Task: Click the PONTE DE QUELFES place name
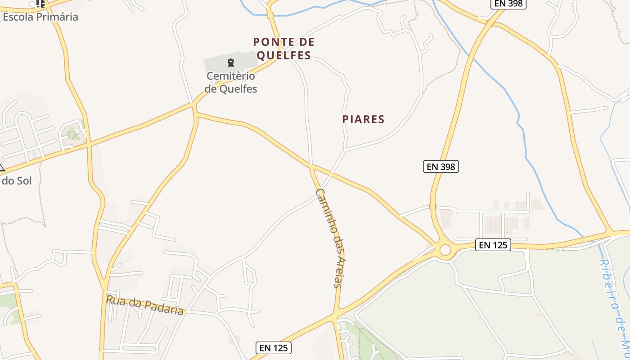tap(283, 49)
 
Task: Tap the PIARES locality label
tap(363, 119)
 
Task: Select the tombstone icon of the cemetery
tap(231, 63)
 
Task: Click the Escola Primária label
tap(40, 17)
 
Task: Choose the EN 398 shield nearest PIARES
tap(441, 166)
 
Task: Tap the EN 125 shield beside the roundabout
tap(493, 245)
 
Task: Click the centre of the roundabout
tap(445, 250)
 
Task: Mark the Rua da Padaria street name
tap(145, 305)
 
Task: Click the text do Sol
tap(17, 181)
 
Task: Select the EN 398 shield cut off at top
tap(508, 4)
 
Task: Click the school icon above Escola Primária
tap(40, 4)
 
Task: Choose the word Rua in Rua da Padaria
tap(116, 300)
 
